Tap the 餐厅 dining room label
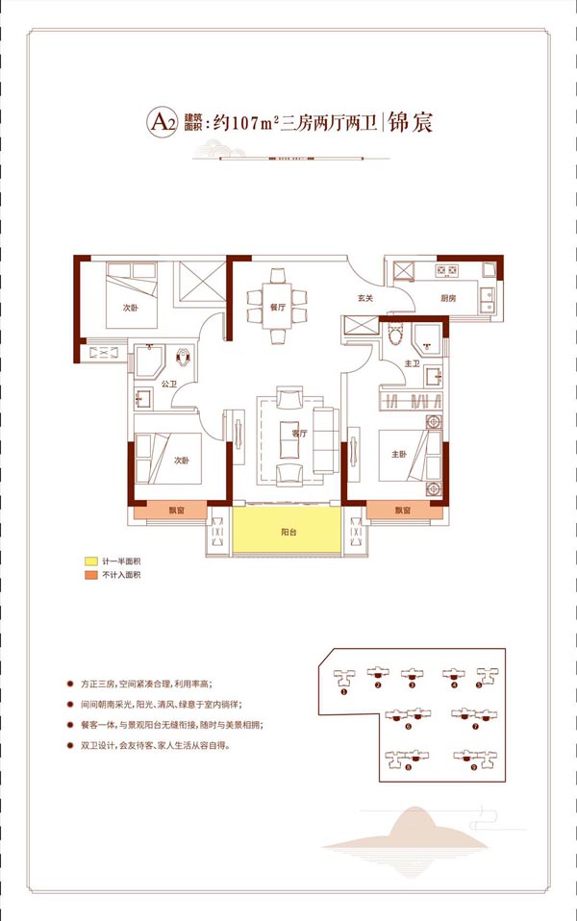255,309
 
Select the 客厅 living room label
299,434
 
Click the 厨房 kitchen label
448,298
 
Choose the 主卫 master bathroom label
413,363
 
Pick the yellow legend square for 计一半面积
89,560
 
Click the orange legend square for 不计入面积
89,574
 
